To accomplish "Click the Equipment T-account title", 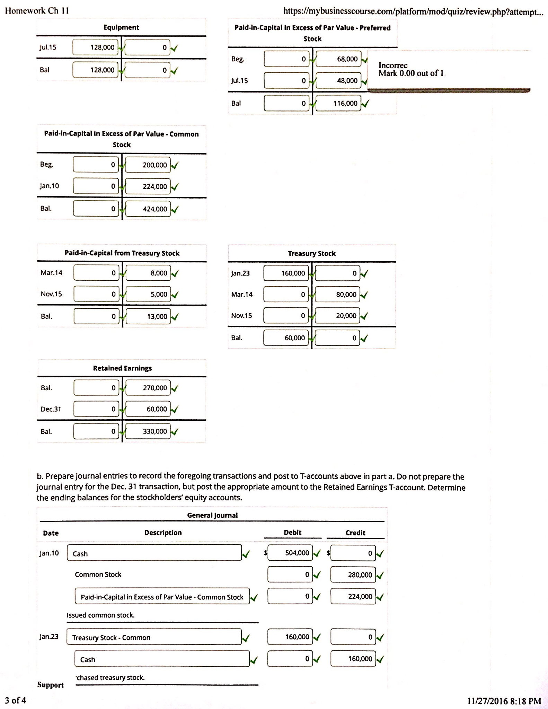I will tap(121, 27).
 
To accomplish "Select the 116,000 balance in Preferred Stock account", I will tap(338, 103).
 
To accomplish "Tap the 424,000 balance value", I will tap(148, 209).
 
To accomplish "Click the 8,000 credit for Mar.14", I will tap(148, 273).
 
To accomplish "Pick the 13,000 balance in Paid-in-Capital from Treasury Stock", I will tap(148, 316).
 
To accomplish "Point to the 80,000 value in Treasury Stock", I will tap(338, 295).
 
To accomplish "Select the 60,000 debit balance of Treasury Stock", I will tap(286, 338).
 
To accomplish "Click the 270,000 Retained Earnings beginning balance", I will tap(148, 388).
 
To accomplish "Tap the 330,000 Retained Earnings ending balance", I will tap(148, 431).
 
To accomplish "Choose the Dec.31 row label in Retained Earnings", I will tap(51, 409).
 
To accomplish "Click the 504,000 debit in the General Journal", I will tap(290, 553).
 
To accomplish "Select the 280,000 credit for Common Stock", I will tap(353, 575).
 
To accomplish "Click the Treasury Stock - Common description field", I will tap(154, 638).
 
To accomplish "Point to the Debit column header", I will tap(293, 533).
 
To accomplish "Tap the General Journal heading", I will tap(212, 515).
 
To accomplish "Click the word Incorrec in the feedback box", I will tap(393, 65).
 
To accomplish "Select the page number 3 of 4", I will tap(16, 700).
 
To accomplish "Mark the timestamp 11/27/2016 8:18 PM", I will tap(504, 701).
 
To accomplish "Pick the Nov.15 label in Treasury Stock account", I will tap(241, 316).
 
